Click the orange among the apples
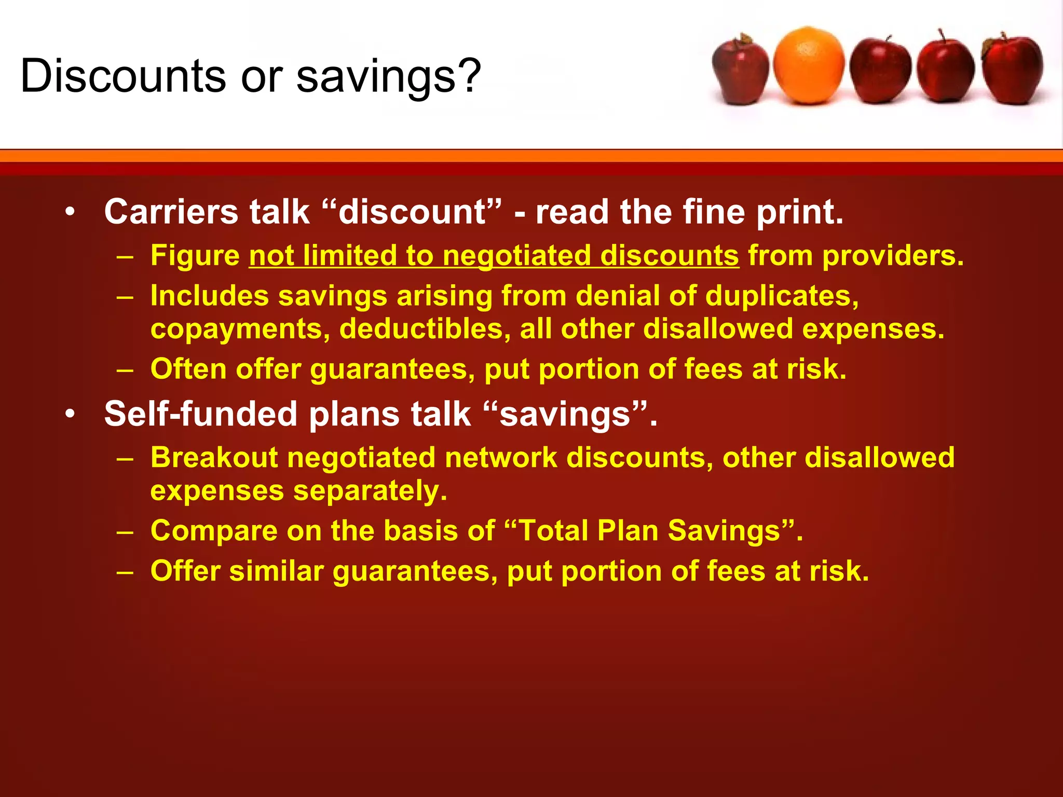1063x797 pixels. point(808,66)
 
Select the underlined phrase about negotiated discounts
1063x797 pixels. point(494,256)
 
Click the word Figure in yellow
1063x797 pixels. point(195,256)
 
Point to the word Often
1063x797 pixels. point(188,369)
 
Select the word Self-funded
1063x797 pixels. point(201,414)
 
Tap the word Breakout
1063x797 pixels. point(214,458)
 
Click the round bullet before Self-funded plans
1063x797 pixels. point(71,414)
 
